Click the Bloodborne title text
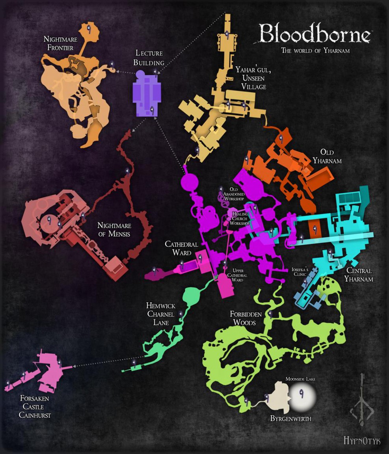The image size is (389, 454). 315,34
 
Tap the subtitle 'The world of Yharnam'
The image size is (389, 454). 315,51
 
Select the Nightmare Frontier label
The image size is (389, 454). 60,44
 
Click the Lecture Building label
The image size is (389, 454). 149,58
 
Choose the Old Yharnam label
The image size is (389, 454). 327,156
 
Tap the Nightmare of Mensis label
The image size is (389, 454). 114,230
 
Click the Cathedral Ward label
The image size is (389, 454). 181,248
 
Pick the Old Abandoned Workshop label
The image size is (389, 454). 234,194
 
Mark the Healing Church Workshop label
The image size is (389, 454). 240,219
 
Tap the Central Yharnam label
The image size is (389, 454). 358,275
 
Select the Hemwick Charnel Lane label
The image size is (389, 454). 160,314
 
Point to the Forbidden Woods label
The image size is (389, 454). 246,318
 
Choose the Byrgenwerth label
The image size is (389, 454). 290,419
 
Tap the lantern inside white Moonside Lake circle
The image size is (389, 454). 302,394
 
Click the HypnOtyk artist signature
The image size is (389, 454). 361,440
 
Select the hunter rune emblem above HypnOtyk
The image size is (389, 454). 362,402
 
